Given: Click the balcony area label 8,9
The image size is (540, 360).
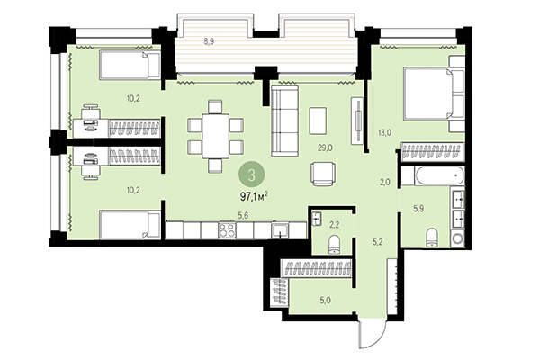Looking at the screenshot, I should click(209, 41).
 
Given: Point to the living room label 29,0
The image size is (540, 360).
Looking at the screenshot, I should click(325, 146).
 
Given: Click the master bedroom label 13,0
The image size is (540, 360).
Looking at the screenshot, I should click(383, 133).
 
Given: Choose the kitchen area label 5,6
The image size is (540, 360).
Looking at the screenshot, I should click(242, 214).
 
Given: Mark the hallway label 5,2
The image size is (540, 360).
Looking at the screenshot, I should click(379, 241).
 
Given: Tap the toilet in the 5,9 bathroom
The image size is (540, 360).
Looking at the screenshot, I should click(430, 236).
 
